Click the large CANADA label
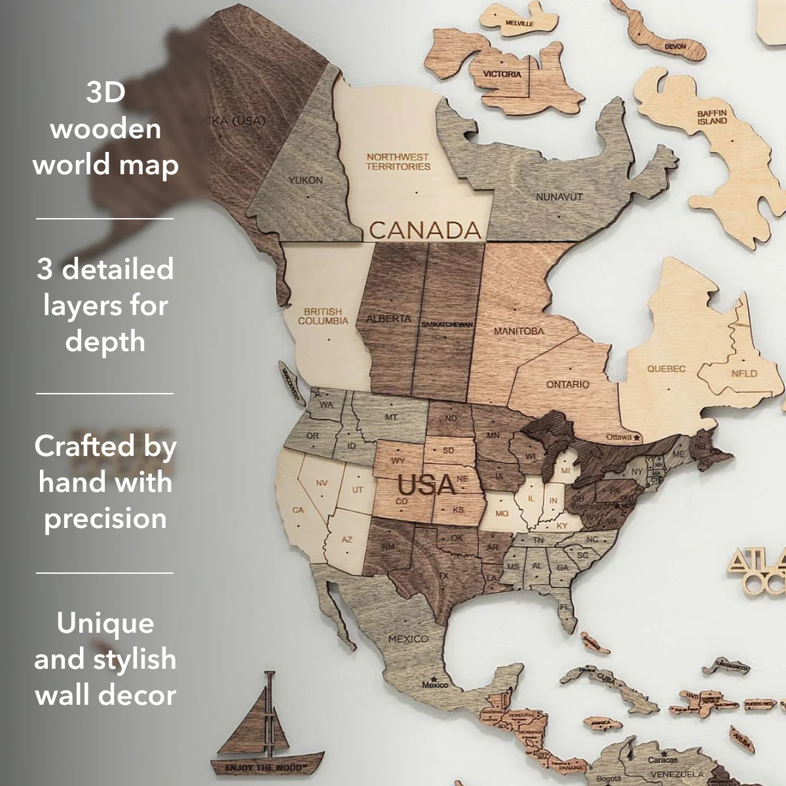(x=424, y=230)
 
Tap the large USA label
(x=426, y=485)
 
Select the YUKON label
(x=305, y=179)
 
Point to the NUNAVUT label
(x=559, y=196)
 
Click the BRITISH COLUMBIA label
(x=323, y=316)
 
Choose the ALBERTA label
(x=388, y=319)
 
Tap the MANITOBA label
(x=519, y=331)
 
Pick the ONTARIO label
(x=568, y=384)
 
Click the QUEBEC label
(x=666, y=369)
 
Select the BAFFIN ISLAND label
(x=712, y=117)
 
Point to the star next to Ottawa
(x=637, y=437)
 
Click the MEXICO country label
(x=408, y=639)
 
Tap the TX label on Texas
(x=443, y=576)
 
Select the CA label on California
(x=298, y=510)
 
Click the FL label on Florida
(x=565, y=607)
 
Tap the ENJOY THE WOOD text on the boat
(x=263, y=767)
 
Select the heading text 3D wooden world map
(x=105, y=128)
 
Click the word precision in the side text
(x=105, y=518)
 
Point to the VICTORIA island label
(x=502, y=74)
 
